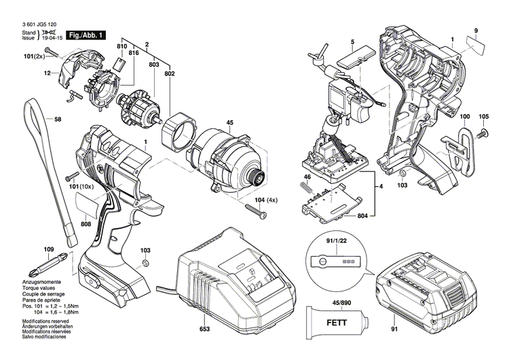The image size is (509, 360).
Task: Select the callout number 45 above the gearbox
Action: [x=229, y=123]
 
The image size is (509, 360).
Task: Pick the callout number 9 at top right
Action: [x=476, y=30]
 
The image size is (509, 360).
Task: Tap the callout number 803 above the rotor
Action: [x=153, y=62]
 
